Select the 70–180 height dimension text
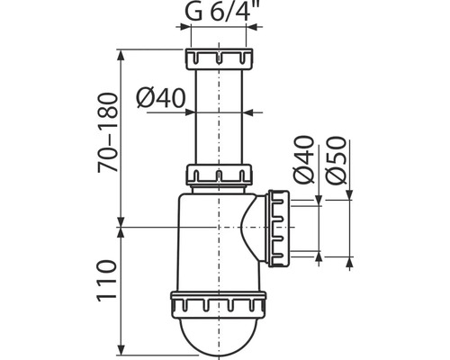pos(108,132)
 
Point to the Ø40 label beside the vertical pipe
pos(161,98)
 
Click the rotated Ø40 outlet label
pos(304,159)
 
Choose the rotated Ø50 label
pos(337,160)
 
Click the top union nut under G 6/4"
pos(219,58)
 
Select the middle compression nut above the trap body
pos(219,175)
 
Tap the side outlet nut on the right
pos(279,228)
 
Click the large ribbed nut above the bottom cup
pos(219,304)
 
